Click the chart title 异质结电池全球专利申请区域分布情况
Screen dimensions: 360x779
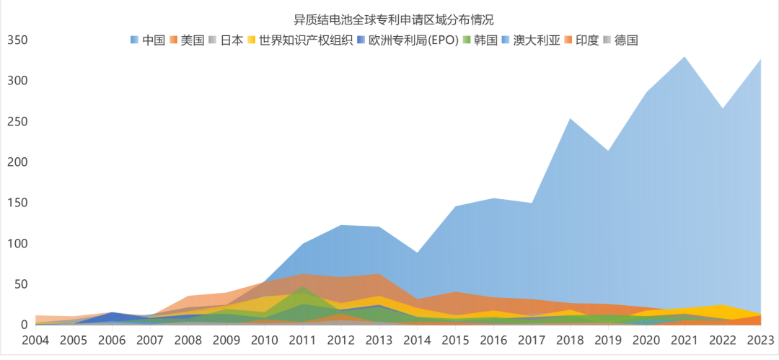point(389,19)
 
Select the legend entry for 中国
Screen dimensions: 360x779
point(148,40)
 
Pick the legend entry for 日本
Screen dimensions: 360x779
point(225,40)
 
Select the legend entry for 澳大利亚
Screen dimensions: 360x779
point(530,40)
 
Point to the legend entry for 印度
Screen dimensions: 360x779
point(582,40)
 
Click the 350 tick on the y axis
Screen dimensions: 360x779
point(17,40)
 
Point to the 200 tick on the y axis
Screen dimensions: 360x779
point(17,162)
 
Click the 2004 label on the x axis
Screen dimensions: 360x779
point(36,338)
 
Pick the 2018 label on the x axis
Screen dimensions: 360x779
point(570,338)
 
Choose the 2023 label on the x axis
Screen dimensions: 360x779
point(760,338)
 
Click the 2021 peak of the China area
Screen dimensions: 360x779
point(684,57)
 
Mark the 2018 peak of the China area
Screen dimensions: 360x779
point(570,119)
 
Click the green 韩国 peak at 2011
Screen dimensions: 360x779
point(303,288)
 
